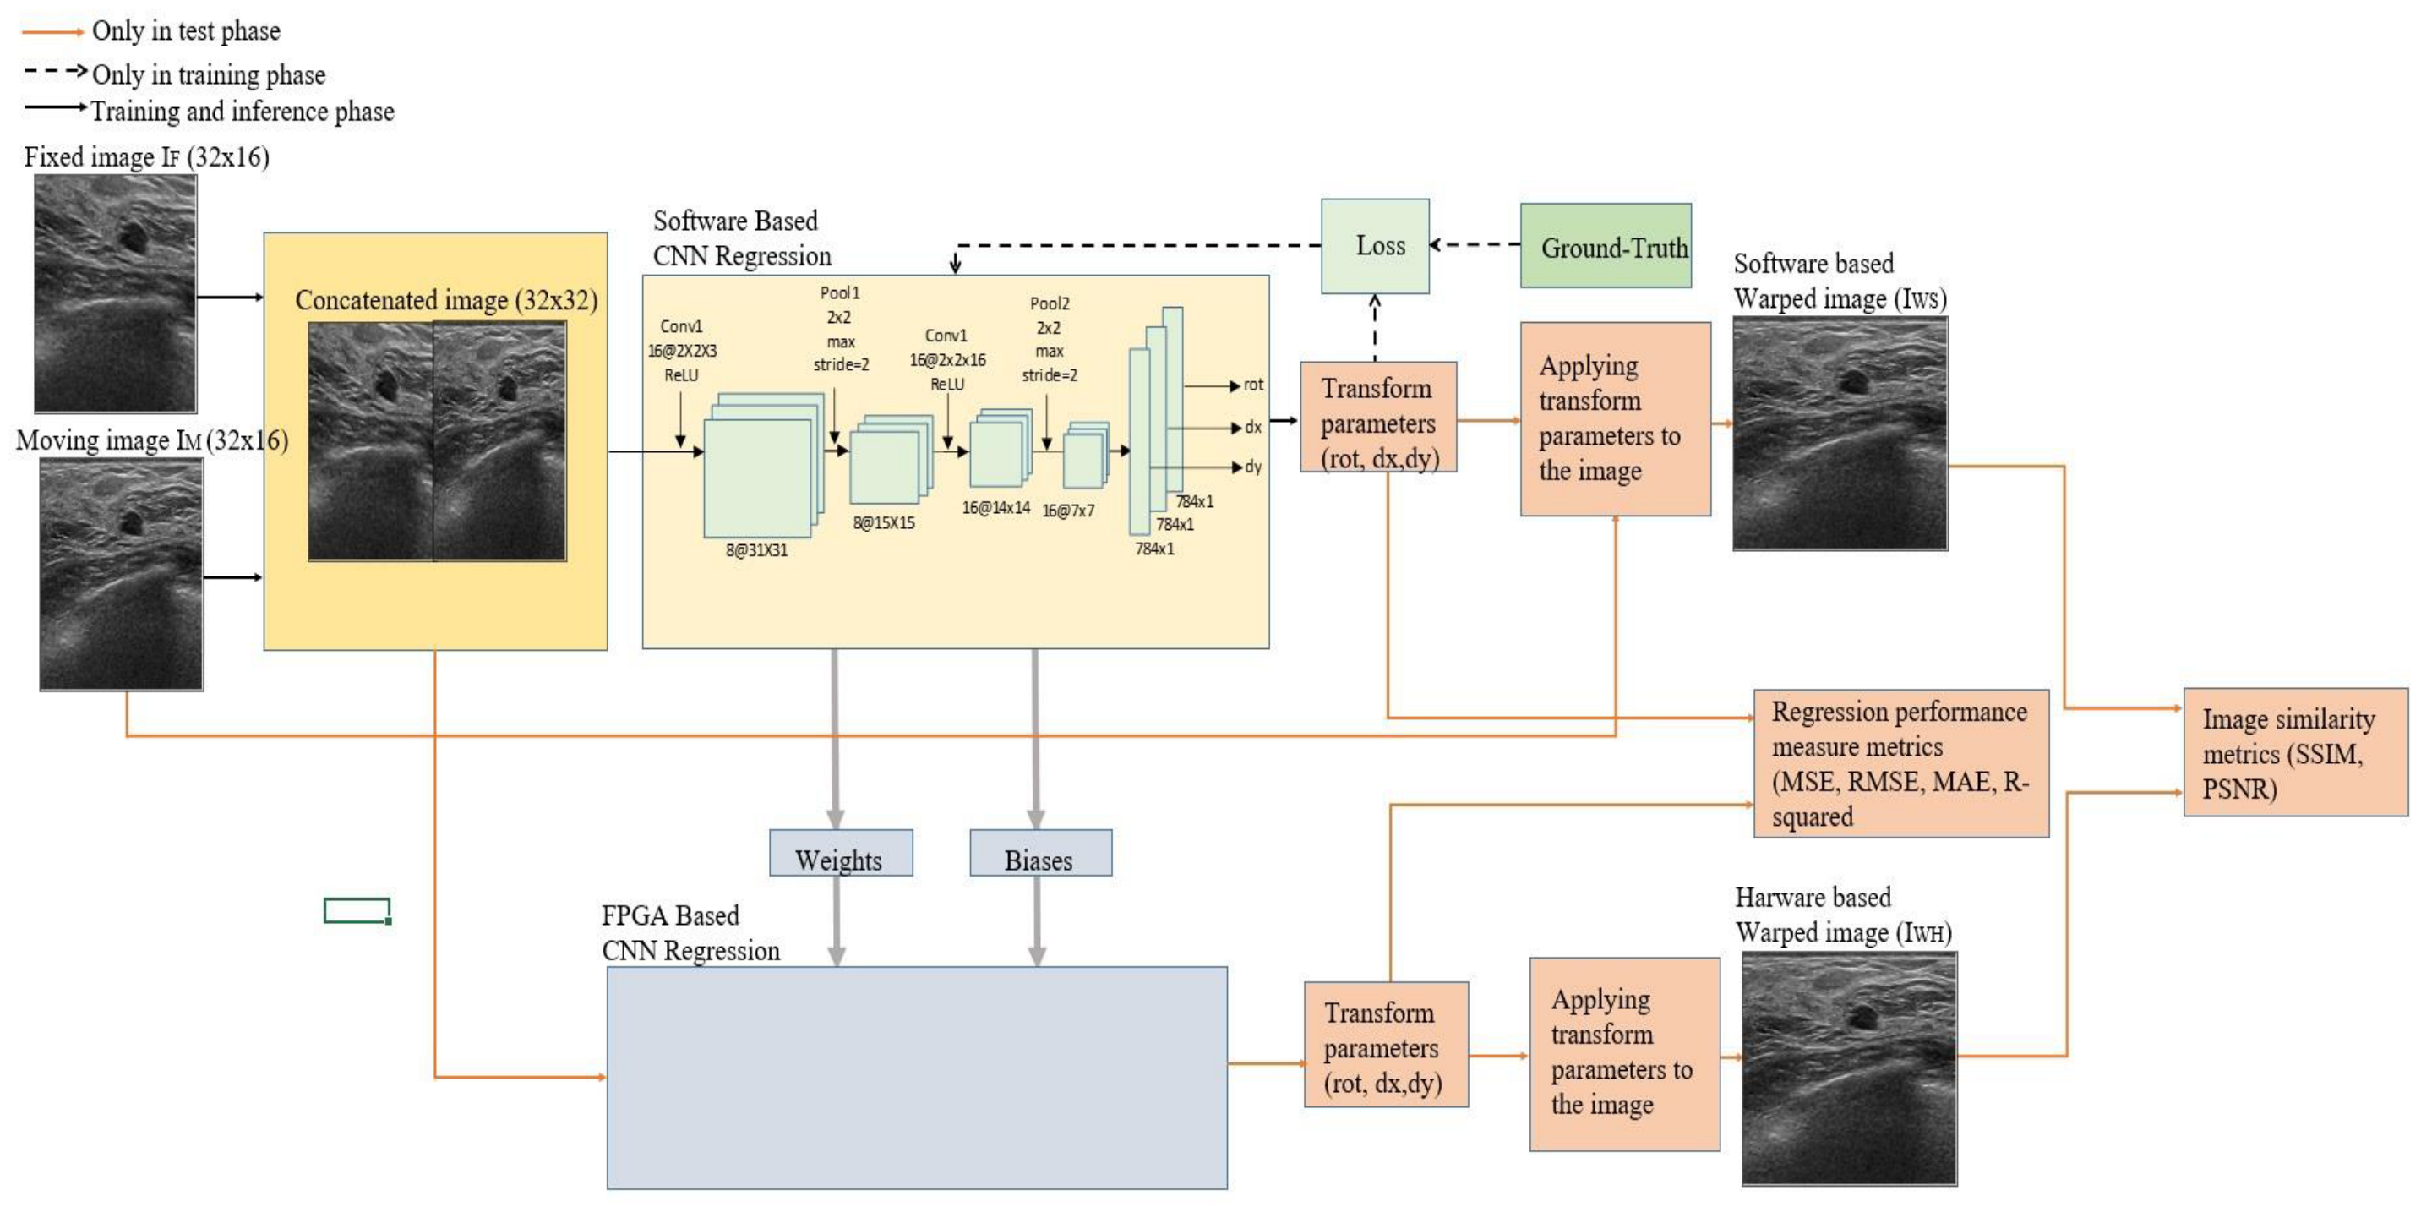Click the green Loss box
coord(1375,246)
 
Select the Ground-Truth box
coord(1606,246)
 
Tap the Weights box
coord(840,854)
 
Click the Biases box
coord(1040,854)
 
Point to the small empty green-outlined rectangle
coord(357,911)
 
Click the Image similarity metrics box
coord(2294,752)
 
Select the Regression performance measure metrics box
coord(1900,763)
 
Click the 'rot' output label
coord(1253,385)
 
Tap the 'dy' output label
coord(1253,467)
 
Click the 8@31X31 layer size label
coord(756,551)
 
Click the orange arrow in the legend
coord(52,32)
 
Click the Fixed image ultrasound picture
coord(116,293)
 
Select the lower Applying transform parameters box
coord(1624,1054)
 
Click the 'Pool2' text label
coord(1049,303)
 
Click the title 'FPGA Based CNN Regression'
coord(690,933)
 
